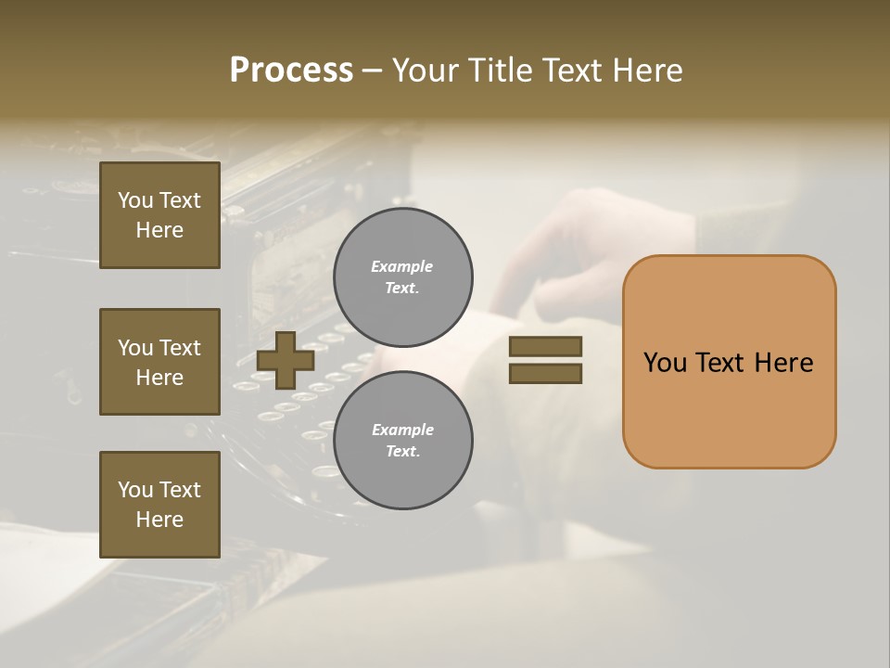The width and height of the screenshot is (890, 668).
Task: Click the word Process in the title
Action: pyautogui.click(x=291, y=71)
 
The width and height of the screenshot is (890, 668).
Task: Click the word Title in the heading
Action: pyautogui.click(x=501, y=71)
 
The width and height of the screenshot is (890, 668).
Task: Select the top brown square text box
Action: pyautogui.click(x=159, y=215)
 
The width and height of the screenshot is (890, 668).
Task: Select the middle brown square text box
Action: pyautogui.click(x=159, y=362)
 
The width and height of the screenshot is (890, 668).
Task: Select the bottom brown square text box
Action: pyautogui.click(x=159, y=505)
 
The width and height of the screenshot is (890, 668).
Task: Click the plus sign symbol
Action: pyautogui.click(x=286, y=360)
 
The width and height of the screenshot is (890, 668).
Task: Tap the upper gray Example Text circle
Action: pyautogui.click(x=402, y=277)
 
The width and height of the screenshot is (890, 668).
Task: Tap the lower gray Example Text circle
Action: pyautogui.click(x=402, y=441)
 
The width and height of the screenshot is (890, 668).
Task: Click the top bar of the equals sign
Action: pyautogui.click(x=545, y=346)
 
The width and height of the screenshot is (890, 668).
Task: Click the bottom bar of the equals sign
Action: pyautogui.click(x=545, y=374)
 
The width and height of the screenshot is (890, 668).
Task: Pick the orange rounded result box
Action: pyautogui.click(x=729, y=361)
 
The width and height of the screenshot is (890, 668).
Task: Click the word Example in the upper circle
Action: pyautogui.click(x=402, y=266)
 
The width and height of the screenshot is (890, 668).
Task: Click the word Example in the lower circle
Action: pyautogui.click(x=402, y=430)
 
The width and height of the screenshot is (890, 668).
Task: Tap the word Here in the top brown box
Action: pyautogui.click(x=159, y=230)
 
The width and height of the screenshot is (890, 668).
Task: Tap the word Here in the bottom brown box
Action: pyautogui.click(x=159, y=520)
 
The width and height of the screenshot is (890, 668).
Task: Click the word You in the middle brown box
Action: pyautogui.click(x=134, y=348)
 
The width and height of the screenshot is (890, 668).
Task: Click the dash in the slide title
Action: pyautogui.click(x=373, y=71)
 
